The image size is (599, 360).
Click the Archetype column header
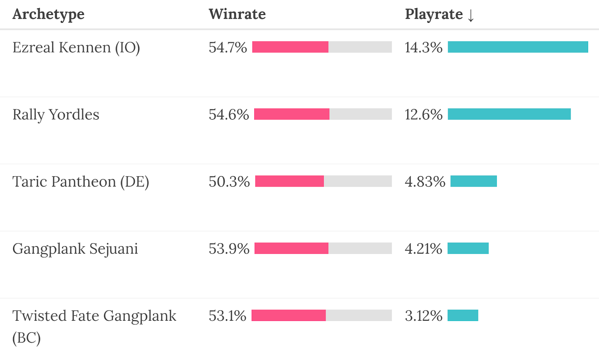(48, 14)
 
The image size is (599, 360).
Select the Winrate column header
(237, 14)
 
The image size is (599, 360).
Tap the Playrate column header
(434, 14)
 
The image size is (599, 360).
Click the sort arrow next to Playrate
(471, 15)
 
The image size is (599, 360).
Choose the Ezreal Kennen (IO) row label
(76, 48)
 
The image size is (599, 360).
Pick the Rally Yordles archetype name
(56, 115)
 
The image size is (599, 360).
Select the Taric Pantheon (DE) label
(80, 182)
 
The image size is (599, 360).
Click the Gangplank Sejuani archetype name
(75, 249)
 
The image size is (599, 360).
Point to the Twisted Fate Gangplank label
(94, 316)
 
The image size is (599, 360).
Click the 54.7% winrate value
(228, 48)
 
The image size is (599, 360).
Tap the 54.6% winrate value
(229, 115)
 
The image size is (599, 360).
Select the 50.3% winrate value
(229, 182)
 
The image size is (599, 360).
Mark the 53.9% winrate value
(229, 249)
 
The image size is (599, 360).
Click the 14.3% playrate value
(423, 48)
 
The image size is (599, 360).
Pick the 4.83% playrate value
(425, 182)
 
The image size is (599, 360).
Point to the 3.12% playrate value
(423, 316)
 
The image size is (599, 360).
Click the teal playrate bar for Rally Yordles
(509, 114)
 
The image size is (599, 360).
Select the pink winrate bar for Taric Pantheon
(289, 181)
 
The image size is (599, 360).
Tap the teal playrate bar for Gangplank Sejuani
(468, 248)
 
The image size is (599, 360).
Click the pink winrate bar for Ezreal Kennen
(290, 47)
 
